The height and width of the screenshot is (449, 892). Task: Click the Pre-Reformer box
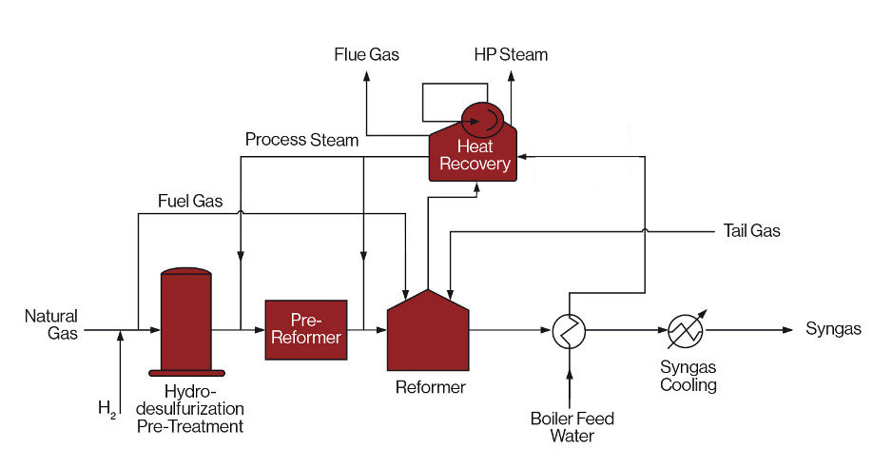pyautogui.click(x=306, y=329)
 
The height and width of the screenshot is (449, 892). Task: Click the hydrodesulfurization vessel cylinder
pyautogui.click(x=186, y=321)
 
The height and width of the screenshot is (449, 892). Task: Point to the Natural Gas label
pyautogui.click(x=51, y=324)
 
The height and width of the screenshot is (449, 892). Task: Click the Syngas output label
pyautogui.click(x=833, y=329)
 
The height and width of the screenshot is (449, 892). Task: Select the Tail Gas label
pyautogui.click(x=751, y=231)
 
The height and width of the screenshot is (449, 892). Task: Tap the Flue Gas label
pyautogui.click(x=366, y=54)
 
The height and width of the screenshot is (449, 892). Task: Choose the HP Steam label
pyautogui.click(x=511, y=54)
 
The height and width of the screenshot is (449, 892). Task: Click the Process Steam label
pyautogui.click(x=301, y=140)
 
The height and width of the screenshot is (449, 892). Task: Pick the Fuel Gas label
pyautogui.click(x=190, y=201)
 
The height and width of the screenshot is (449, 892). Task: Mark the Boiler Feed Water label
pyautogui.click(x=572, y=427)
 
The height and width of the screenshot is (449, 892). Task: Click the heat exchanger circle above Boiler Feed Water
pyautogui.click(x=570, y=331)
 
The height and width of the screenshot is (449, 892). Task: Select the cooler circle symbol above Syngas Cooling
pyautogui.click(x=684, y=330)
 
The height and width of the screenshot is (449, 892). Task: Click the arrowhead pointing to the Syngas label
pyautogui.click(x=786, y=330)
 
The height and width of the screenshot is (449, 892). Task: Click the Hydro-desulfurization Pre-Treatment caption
pyautogui.click(x=189, y=409)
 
